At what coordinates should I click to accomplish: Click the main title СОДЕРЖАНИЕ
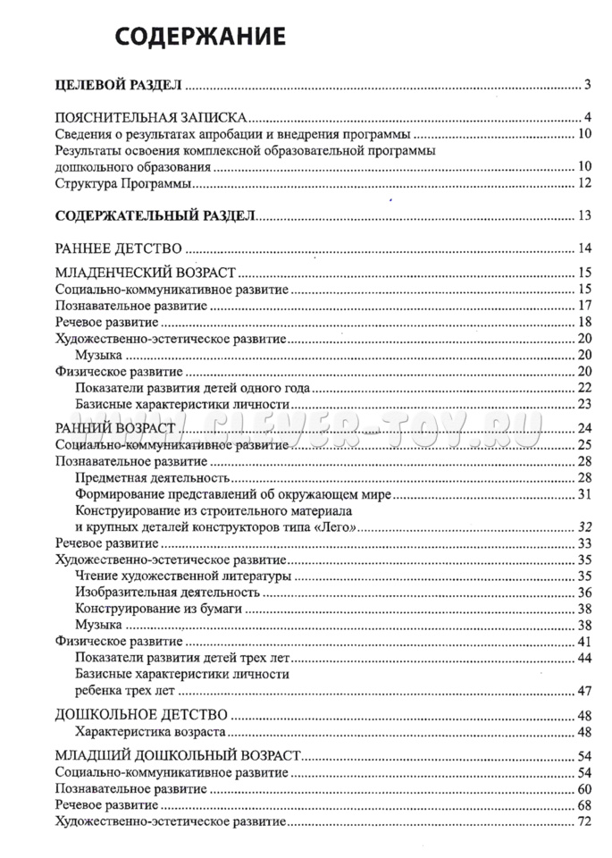[201, 37]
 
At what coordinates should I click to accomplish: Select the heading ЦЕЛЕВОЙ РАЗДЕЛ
[119, 85]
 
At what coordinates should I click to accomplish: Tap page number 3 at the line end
[588, 85]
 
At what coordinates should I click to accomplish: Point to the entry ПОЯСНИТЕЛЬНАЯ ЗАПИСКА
[151, 118]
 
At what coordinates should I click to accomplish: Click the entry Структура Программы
[123, 184]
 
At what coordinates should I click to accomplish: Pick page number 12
[585, 184]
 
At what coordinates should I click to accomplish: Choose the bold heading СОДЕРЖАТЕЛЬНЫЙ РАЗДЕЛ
[155, 215]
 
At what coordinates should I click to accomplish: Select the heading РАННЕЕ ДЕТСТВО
[119, 248]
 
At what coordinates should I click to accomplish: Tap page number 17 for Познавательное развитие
[585, 306]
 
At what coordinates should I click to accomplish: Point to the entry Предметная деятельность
[141, 477]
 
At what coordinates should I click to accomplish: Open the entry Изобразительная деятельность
[168, 592]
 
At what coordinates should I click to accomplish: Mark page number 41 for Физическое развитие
[585, 641]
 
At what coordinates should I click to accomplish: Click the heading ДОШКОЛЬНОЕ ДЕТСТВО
[141, 714]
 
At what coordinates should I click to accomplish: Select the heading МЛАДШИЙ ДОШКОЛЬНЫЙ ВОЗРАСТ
[177, 755]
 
